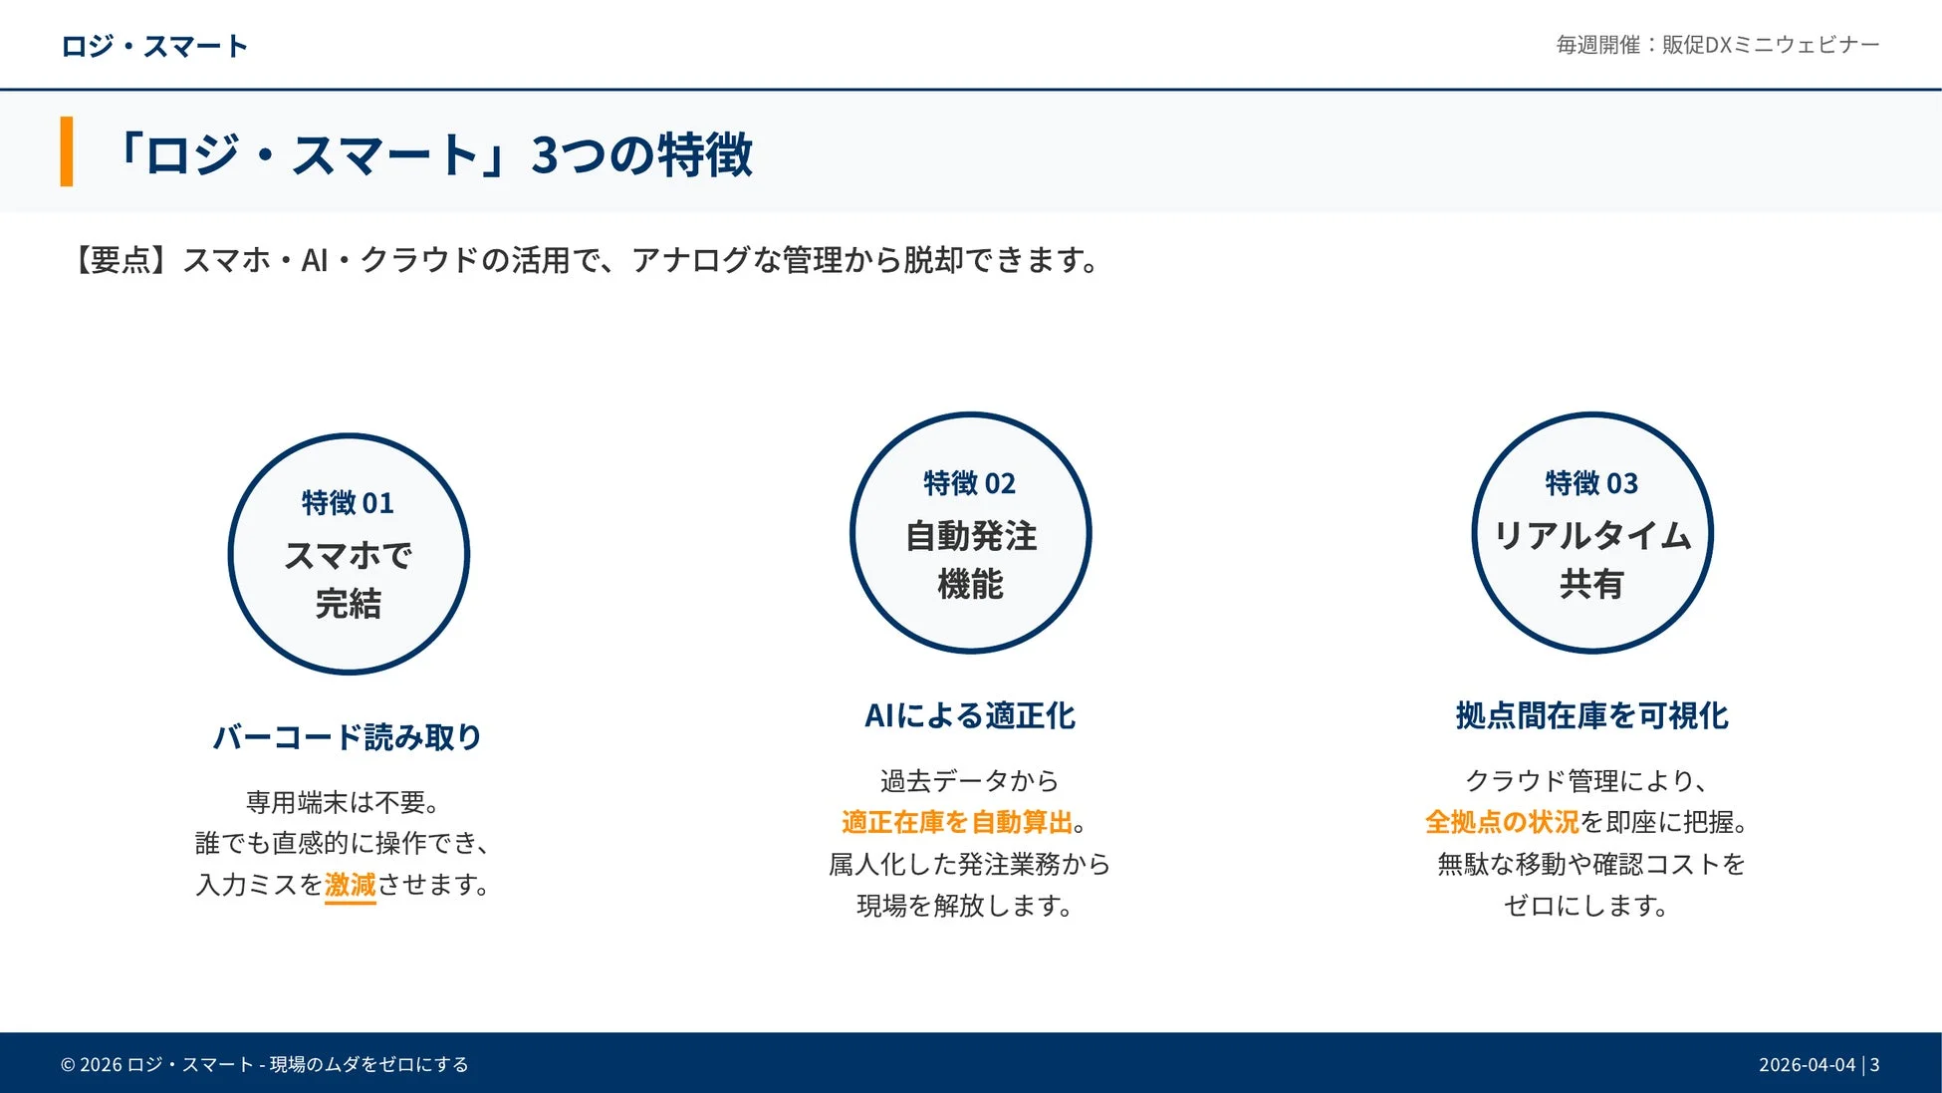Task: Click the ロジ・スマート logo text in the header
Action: click(x=153, y=46)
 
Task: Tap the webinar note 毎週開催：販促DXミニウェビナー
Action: click(x=1717, y=45)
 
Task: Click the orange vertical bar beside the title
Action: click(x=67, y=151)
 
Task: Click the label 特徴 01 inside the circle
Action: click(x=348, y=503)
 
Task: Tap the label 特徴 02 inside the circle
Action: click(x=969, y=484)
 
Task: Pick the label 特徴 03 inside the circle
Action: click(x=1591, y=484)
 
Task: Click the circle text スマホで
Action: click(x=348, y=555)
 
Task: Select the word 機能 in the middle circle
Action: click(x=970, y=584)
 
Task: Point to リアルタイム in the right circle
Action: click(x=1591, y=536)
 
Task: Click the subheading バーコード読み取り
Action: click(x=348, y=737)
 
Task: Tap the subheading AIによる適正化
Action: click(x=969, y=715)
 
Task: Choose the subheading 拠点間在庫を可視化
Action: click(x=1591, y=715)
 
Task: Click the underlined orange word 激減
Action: click(x=350, y=885)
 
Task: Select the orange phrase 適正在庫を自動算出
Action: click(x=956, y=822)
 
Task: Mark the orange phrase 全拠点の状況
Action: click(x=1501, y=822)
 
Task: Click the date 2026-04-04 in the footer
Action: click(x=1807, y=1064)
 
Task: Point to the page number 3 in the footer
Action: click(x=1874, y=1064)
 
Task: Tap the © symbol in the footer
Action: click(x=68, y=1064)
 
